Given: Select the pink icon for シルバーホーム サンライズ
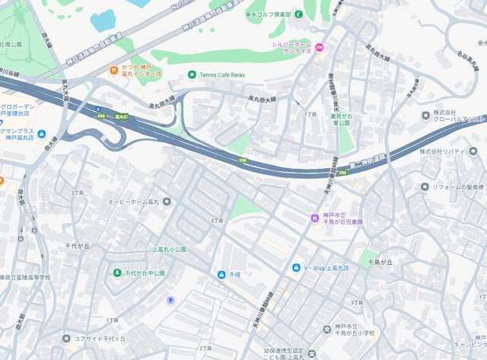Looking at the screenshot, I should [x=320, y=49].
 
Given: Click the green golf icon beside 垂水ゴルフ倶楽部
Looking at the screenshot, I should [x=299, y=14].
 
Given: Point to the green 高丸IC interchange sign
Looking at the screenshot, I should [x=114, y=116].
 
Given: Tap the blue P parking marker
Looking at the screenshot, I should [x=170, y=300].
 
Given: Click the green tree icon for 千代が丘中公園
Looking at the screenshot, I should [x=117, y=272].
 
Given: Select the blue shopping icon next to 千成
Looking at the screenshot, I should [x=221, y=274].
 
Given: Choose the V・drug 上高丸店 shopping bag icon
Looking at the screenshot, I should [x=296, y=267].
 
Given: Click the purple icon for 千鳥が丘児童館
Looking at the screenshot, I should [x=313, y=218].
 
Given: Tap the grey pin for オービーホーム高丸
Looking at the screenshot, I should [x=167, y=202].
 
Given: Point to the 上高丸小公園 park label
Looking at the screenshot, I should [x=169, y=249].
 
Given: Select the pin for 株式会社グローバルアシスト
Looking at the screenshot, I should [x=425, y=115].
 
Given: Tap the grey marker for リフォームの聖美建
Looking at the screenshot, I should [x=425, y=186].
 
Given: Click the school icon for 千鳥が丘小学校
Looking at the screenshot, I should [x=311, y=329].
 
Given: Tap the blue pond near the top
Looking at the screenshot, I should [x=103, y=20].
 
